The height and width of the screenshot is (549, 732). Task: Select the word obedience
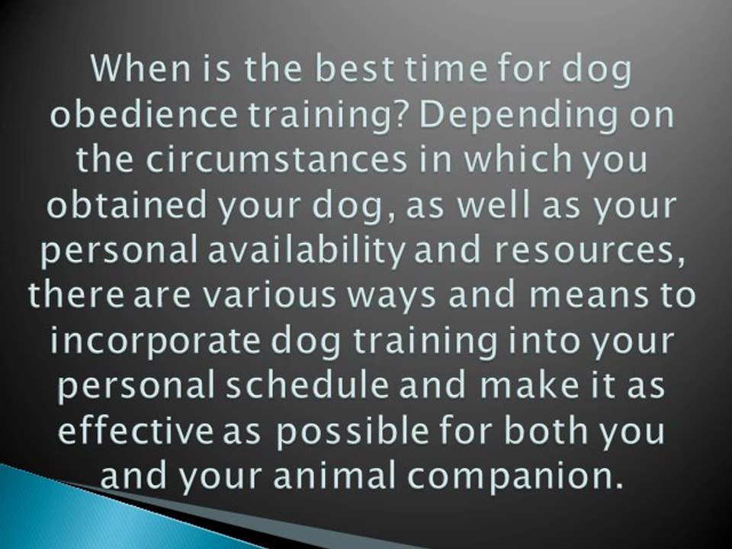tap(144, 114)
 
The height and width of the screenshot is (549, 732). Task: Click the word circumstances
tap(276, 159)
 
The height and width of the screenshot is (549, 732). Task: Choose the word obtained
tap(126, 204)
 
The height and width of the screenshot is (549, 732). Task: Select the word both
tap(545, 431)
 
